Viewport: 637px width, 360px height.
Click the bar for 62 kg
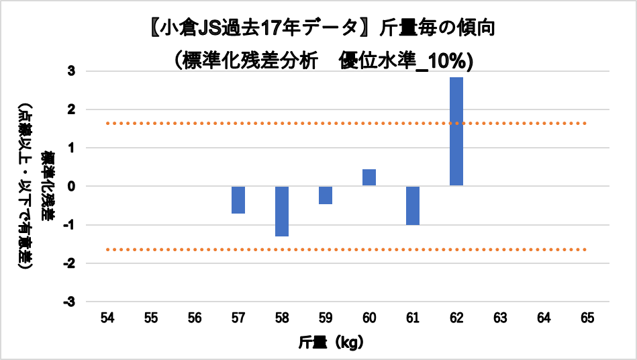(x=456, y=132)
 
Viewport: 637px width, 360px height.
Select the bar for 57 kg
(x=238, y=199)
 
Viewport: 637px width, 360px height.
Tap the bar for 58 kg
(x=282, y=211)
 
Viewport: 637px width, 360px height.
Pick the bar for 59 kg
(x=326, y=195)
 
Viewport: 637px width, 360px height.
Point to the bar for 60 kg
(x=369, y=177)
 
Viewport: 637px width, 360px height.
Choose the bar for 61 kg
(x=413, y=206)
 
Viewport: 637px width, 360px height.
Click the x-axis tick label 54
(x=107, y=316)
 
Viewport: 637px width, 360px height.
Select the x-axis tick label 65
(x=587, y=316)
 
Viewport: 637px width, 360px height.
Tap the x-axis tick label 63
(x=500, y=316)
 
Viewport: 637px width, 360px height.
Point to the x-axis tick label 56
(x=194, y=316)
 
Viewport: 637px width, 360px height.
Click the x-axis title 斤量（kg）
(x=332, y=342)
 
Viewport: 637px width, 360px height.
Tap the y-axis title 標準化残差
(x=48, y=186)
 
